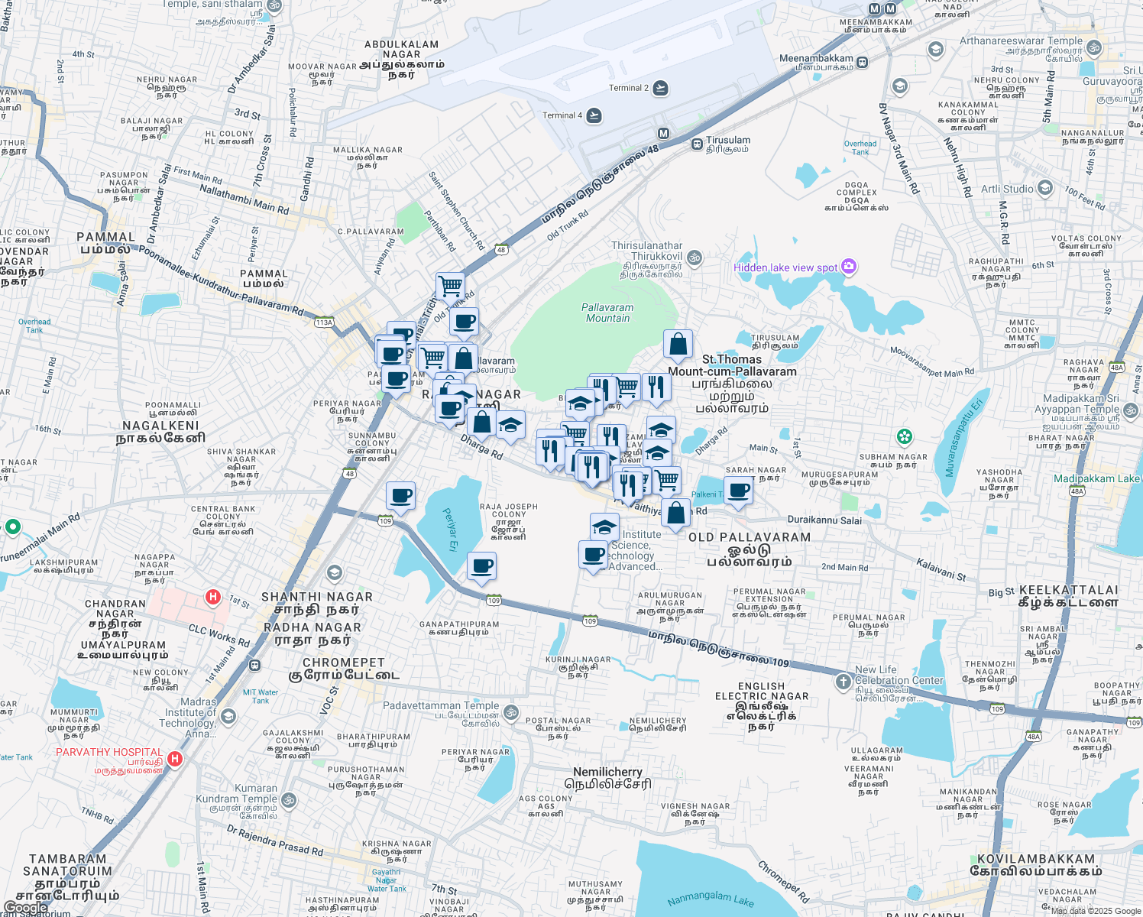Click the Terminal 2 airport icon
tap(661, 88)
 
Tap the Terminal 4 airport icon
tap(594, 115)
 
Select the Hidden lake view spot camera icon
tap(849, 267)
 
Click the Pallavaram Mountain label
tap(607, 313)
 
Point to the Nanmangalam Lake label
tap(711, 899)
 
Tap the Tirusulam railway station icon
tap(697, 144)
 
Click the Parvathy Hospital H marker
tap(175, 759)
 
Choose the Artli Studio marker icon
tap(1045, 188)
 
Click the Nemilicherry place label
tap(607, 772)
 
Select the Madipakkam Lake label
tap(1096, 478)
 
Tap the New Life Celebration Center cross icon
tap(843, 681)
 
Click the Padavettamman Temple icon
tap(511, 712)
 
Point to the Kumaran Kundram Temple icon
tap(289, 800)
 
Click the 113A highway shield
tap(324, 322)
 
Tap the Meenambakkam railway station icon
tap(863, 62)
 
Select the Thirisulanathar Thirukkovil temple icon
tap(695, 258)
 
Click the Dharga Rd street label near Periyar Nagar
tap(481, 447)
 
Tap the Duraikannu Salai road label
tap(824, 520)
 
